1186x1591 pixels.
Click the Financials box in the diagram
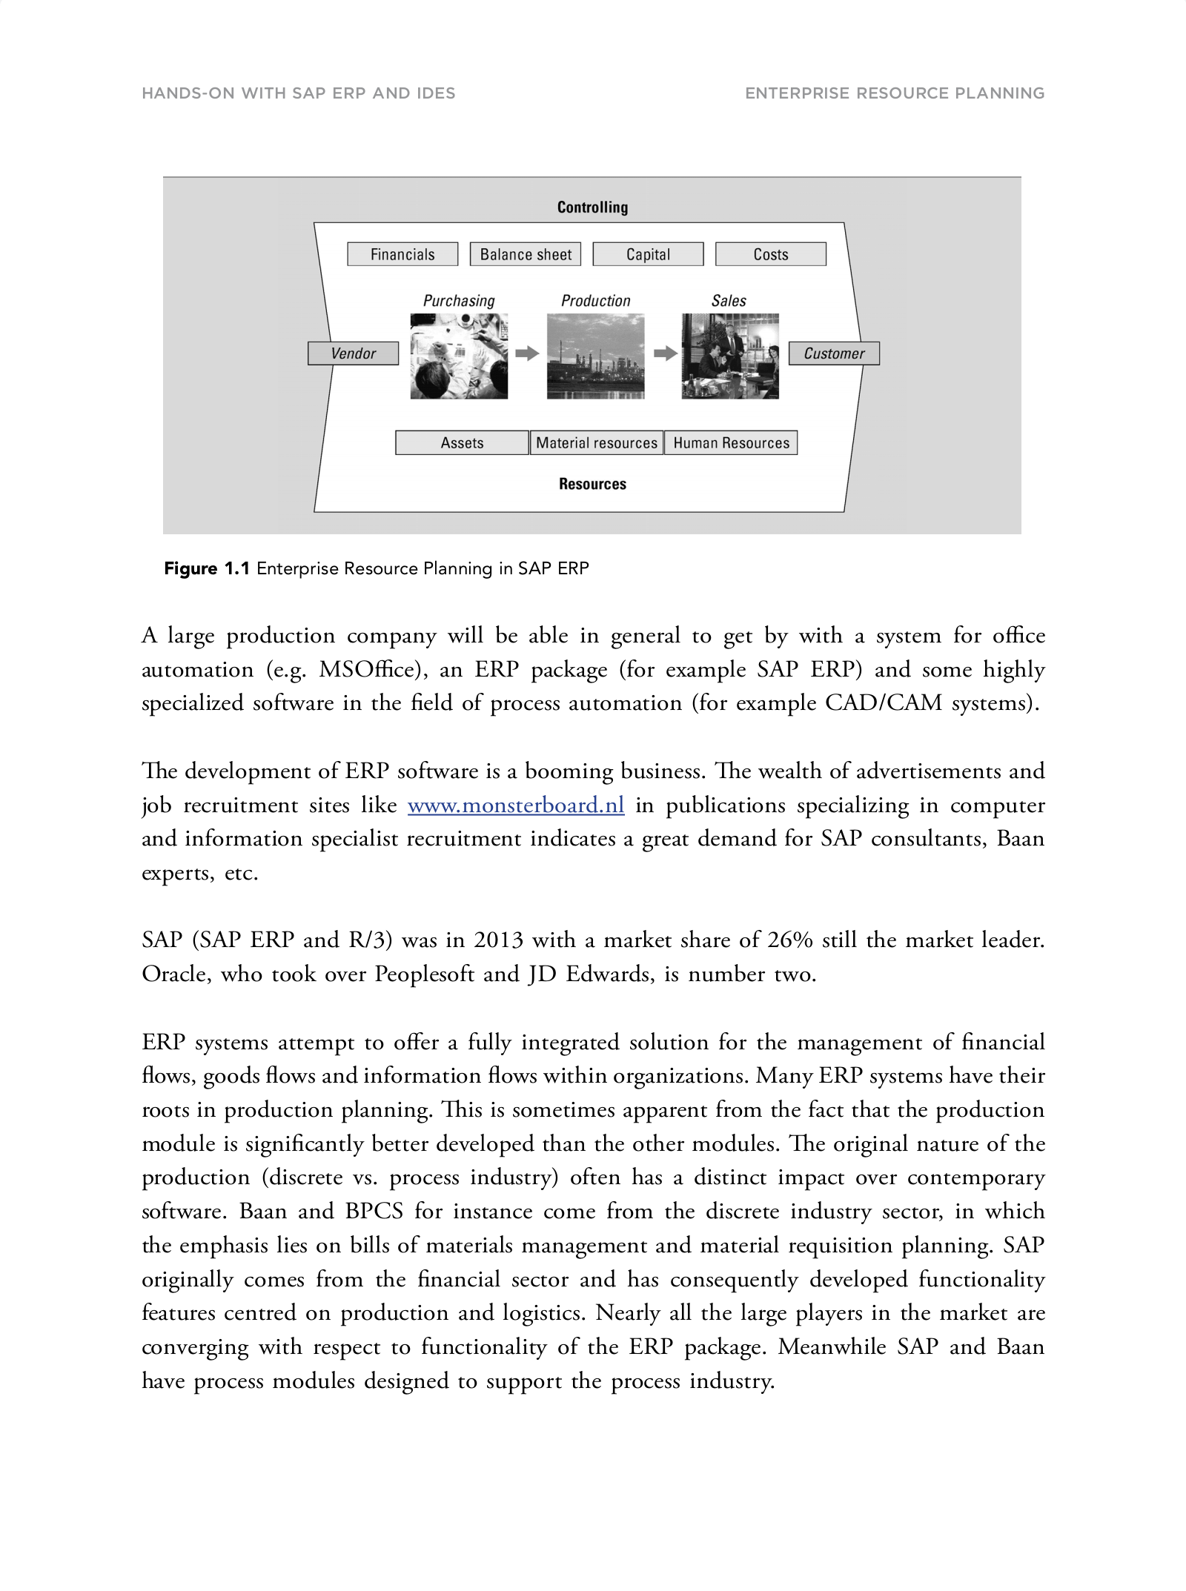(402, 254)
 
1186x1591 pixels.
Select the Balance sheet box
(526, 254)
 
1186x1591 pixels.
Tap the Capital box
(648, 254)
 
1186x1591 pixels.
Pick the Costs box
(770, 254)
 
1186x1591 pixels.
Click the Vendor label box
(353, 353)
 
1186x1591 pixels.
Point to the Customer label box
(834, 353)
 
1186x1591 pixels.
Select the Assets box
(462, 442)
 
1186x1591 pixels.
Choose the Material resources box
(596, 442)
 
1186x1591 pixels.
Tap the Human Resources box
(731, 442)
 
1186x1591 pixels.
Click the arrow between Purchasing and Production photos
(527, 353)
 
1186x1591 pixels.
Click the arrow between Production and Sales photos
(665, 353)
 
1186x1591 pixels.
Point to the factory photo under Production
(595, 356)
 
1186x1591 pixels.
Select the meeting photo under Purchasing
(459, 356)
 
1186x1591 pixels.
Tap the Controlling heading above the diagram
(592, 207)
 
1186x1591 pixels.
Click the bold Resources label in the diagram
(592, 484)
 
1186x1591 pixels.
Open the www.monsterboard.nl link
(516, 805)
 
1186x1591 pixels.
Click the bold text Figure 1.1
(207, 568)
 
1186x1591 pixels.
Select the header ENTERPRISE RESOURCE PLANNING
(895, 93)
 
